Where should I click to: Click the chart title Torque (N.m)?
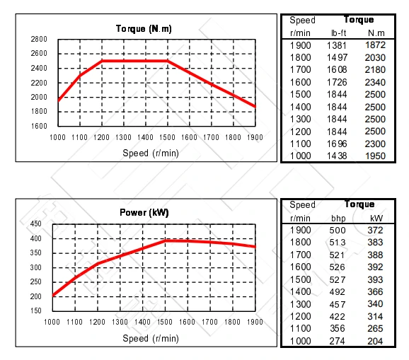[x=144, y=29]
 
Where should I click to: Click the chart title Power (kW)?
[x=144, y=212]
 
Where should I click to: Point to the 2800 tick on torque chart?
[x=39, y=39]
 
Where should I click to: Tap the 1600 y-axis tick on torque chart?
[x=39, y=126]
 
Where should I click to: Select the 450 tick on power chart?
[x=36, y=224]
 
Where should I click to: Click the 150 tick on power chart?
[x=36, y=311]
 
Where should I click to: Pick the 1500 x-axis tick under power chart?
[x=164, y=323]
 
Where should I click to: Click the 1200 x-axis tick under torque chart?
[x=101, y=137]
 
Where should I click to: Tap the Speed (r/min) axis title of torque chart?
[x=145, y=153]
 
